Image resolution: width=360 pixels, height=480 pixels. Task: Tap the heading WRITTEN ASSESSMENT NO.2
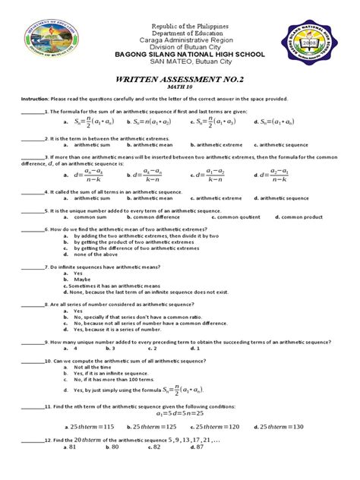[x=180, y=79]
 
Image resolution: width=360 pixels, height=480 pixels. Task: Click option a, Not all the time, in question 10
[x=92, y=368]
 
